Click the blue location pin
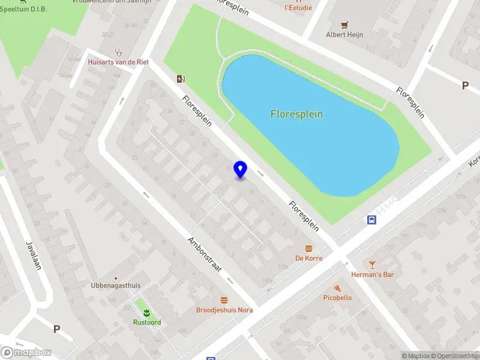point(241,170)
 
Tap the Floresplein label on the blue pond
point(296,114)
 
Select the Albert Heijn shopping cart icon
point(344,25)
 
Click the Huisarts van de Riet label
point(118,62)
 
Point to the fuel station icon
point(181,79)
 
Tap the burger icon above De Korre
point(309,248)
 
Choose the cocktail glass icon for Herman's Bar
point(372,265)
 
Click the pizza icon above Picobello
point(337,288)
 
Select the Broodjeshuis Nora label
point(224,310)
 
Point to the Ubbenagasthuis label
point(116,286)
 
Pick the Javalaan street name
point(33,255)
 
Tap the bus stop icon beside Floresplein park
point(372,220)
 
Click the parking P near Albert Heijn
point(464,86)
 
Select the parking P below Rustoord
point(56,329)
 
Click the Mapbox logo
point(26,353)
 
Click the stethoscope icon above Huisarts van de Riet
point(118,52)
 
